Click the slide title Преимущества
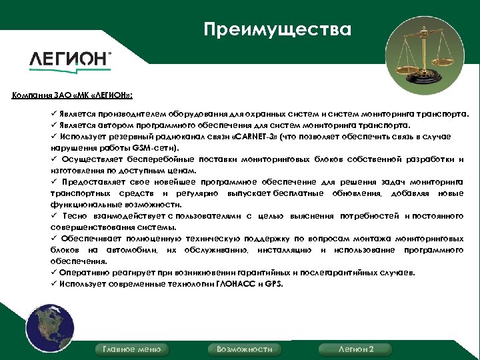[x=277, y=30]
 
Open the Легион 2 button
[x=356, y=349]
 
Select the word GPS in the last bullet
[x=273, y=284]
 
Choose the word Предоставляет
[x=96, y=182]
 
